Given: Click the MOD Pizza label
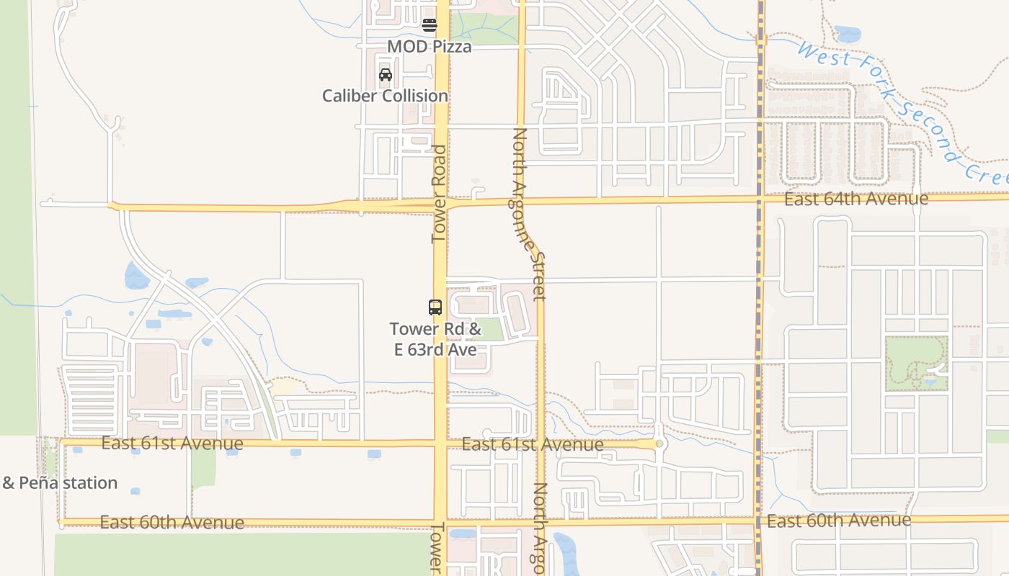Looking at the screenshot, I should [x=430, y=47].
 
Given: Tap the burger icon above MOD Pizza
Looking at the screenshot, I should [x=430, y=25].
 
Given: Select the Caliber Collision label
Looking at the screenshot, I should [x=385, y=96].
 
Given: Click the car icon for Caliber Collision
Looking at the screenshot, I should [x=386, y=74].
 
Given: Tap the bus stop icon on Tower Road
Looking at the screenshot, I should [x=435, y=307].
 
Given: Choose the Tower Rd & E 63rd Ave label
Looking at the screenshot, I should [x=435, y=339].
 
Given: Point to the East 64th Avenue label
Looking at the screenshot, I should [x=856, y=199].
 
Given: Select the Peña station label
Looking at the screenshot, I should [x=60, y=482].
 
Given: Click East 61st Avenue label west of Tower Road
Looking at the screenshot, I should [x=172, y=443].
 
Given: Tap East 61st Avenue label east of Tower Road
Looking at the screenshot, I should [x=533, y=444].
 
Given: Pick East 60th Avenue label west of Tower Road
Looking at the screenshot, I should [x=172, y=522].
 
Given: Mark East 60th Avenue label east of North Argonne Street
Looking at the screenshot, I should [x=839, y=520].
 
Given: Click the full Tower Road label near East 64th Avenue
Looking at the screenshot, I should [x=439, y=194].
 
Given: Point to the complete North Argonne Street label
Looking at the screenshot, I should [x=530, y=213].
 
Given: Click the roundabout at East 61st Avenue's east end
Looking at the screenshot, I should [x=659, y=444].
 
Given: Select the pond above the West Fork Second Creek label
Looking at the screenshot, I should [x=848, y=34].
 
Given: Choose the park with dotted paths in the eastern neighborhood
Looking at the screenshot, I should [x=915, y=364].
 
